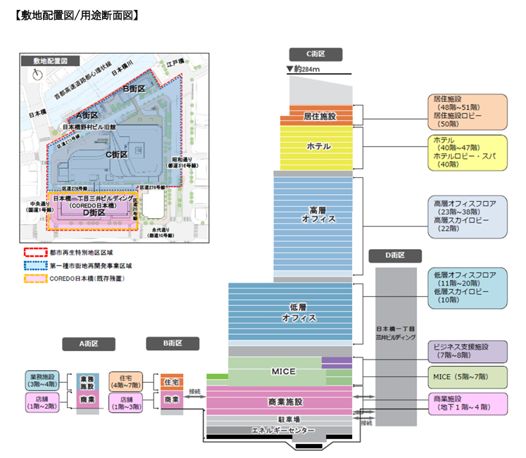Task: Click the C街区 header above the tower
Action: pyautogui.click(x=315, y=54)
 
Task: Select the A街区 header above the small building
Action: pyautogui.click(x=88, y=344)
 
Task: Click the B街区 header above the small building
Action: pyautogui.click(x=173, y=343)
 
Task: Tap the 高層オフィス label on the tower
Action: pyautogui.click(x=313, y=215)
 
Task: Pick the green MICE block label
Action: pyautogui.click(x=283, y=371)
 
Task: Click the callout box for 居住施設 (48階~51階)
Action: pyautogui.click(x=467, y=109)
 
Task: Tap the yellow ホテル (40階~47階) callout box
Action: pyautogui.click(x=467, y=153)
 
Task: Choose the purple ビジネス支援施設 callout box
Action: pyautogui.click(x=467, y=352)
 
